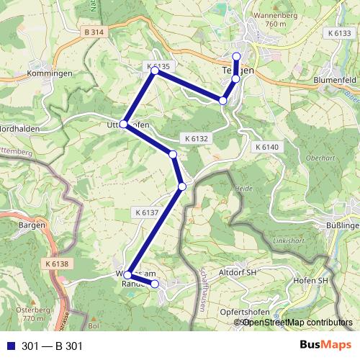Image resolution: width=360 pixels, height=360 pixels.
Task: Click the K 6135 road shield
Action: (158, 66)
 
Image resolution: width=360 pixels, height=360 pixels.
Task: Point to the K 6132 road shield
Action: (196, 138)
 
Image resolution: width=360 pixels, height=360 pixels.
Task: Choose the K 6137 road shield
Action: (146, 212)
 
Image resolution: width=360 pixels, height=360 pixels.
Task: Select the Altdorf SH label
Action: (236, 274)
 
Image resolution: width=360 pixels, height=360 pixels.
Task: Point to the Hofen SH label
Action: (311, 281)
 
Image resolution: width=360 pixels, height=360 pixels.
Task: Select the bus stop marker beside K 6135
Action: (154, 71)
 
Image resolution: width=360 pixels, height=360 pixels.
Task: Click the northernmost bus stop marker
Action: (237, 56)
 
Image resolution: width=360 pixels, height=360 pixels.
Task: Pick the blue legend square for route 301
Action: (10, 346)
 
